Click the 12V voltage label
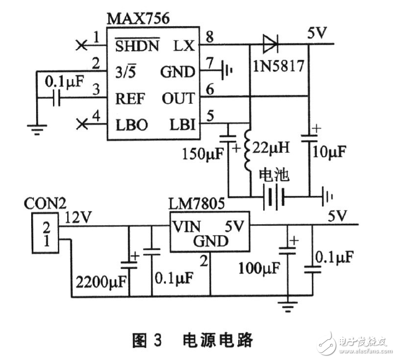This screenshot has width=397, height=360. click(x=79, y=217)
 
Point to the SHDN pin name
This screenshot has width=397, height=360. click(x=137, y=45)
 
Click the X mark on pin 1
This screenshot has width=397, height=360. click(x=82, y=45)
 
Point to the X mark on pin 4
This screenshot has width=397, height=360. click(x=82, y=124)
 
